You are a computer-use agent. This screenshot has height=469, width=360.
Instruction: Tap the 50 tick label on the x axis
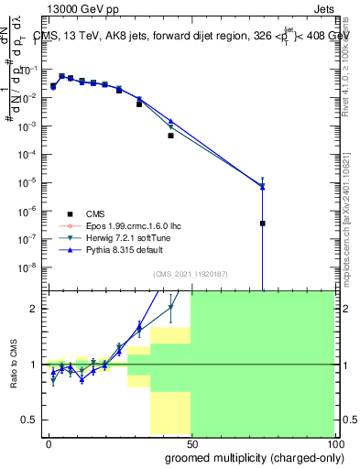[x=191, y=443]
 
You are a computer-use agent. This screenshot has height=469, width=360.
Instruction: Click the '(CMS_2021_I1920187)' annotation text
[x=191, y=274]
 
